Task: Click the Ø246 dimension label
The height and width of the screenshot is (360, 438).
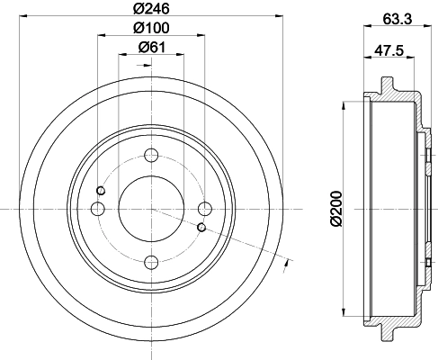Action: point(150,11)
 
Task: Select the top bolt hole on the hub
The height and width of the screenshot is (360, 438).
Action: point(151,153)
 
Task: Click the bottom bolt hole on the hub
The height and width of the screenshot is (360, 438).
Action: point(151,263)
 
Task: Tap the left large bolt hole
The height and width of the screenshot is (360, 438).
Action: point(97,209)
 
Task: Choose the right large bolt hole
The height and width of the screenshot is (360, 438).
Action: point(205,209)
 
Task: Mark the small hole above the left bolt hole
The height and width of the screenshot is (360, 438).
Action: point(102,190)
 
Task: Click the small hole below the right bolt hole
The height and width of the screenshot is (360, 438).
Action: point(201,227)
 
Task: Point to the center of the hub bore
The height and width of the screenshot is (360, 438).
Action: point(151,208)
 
